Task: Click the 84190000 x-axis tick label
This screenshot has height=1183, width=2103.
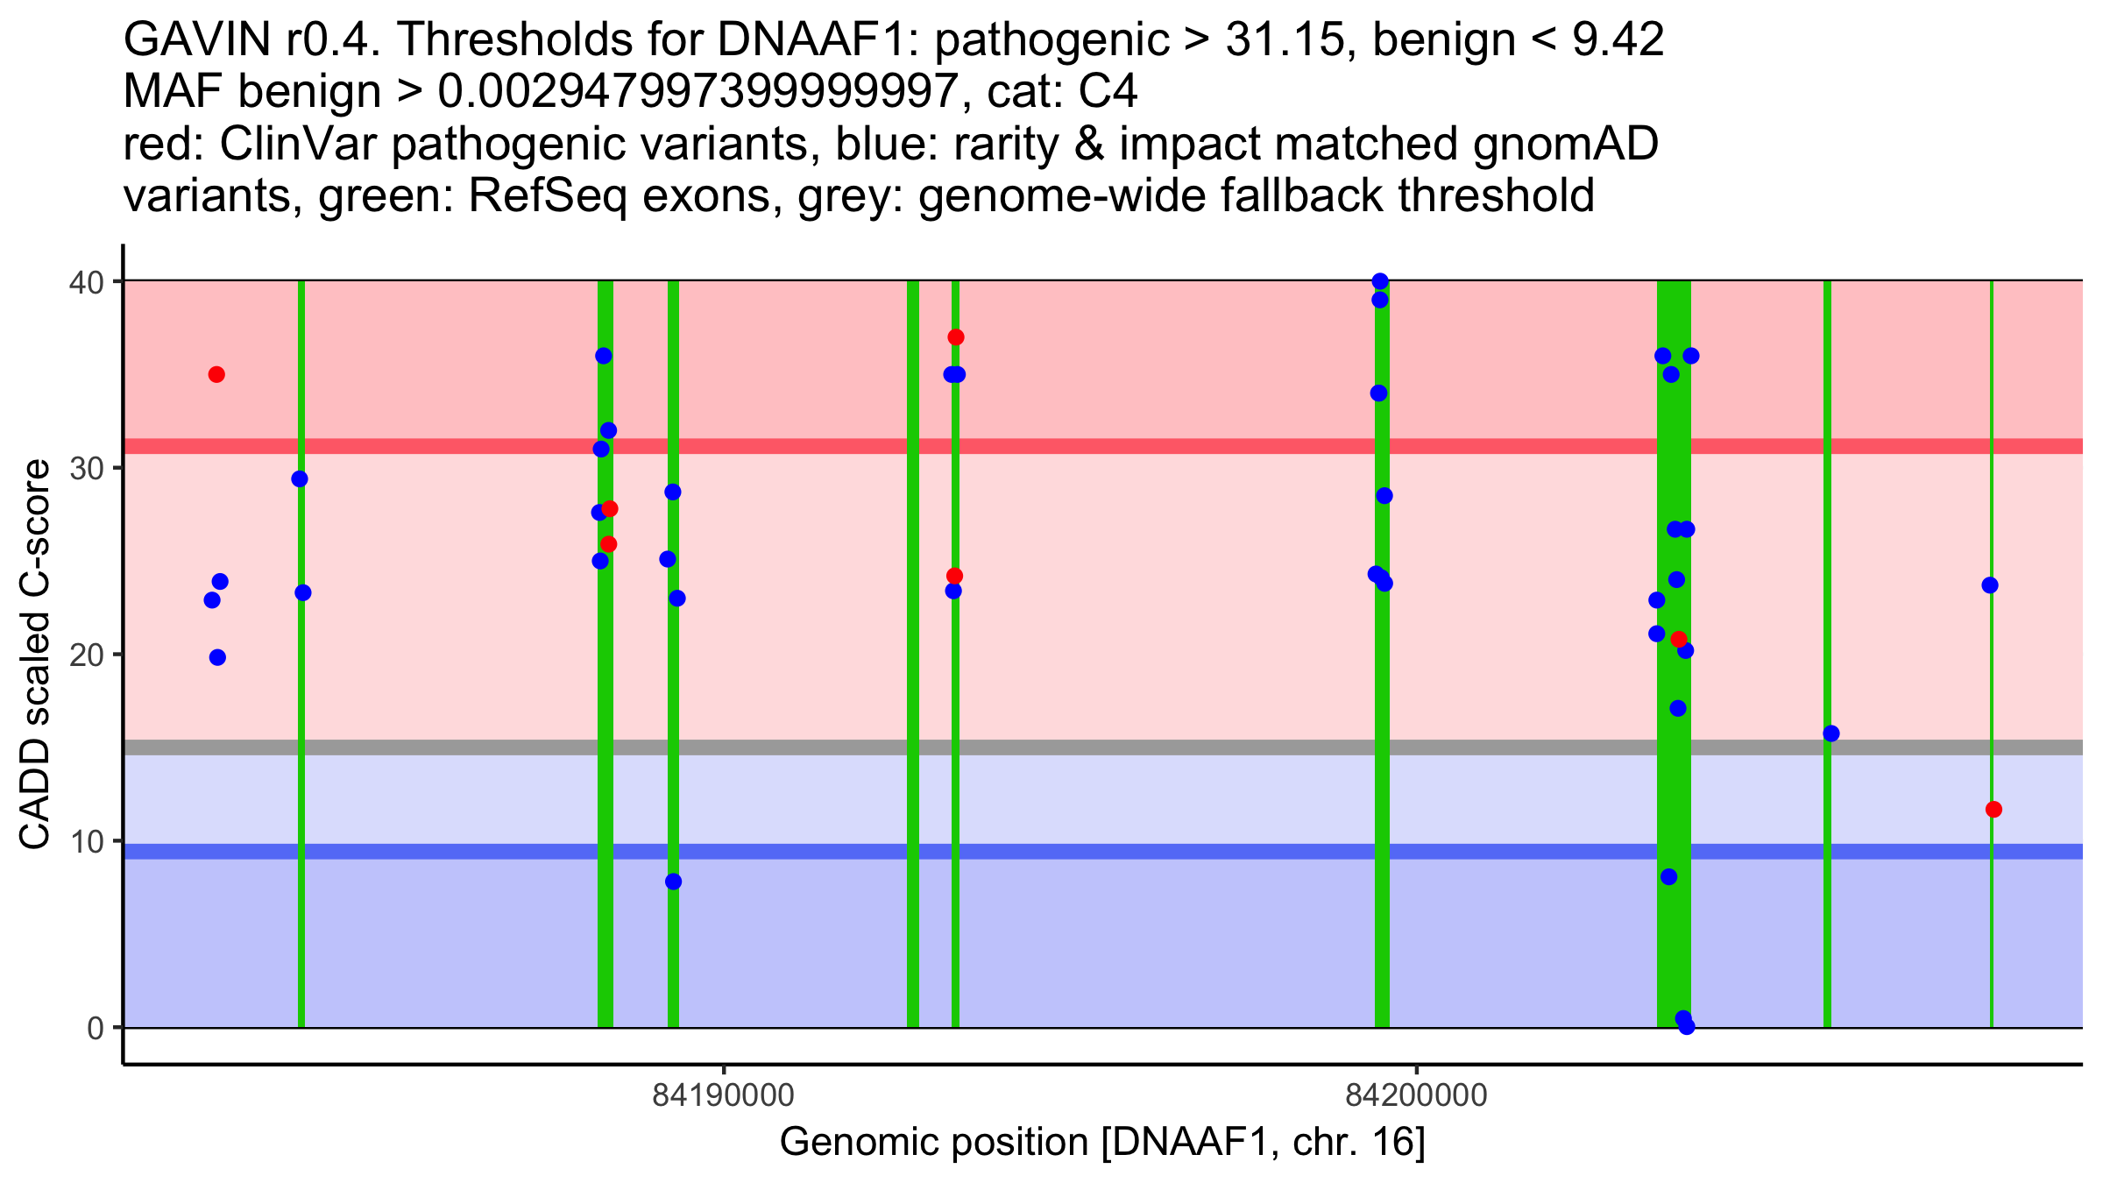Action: point(723,1095)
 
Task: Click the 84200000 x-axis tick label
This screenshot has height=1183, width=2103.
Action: point(1416,1095)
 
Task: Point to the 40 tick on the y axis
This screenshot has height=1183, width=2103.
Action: point(93,282)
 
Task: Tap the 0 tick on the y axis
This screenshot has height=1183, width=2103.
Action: point(96,1028)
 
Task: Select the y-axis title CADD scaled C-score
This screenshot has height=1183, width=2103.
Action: point(35,655)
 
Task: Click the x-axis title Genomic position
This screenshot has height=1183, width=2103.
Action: point(1102,1143)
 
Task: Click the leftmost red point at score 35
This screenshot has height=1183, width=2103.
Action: point(216,375)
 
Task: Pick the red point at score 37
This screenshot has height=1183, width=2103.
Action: point(956,337)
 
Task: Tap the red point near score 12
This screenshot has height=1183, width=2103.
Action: point(1993,810)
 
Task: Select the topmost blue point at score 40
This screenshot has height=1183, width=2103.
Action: point(1380,281)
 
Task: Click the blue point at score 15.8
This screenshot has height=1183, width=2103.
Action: point(1831,733)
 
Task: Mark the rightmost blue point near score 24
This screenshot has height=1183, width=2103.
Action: point(1990,585)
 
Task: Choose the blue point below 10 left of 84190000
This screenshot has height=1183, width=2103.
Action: point(673,882)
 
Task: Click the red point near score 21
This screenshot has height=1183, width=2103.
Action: point(1679,640)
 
